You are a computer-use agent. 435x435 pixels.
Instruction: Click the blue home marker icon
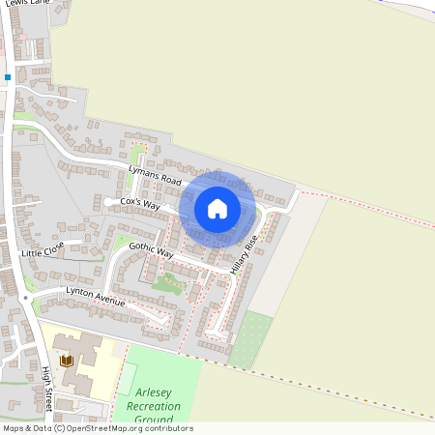(217, 208)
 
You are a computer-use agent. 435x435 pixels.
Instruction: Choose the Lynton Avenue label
(96, 296)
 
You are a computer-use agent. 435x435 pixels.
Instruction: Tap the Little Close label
(43, 251)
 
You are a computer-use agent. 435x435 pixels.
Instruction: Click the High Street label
(46, 386)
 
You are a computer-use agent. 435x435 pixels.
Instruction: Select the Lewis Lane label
(21, 4)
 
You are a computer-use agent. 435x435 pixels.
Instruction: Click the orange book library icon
(66, 361)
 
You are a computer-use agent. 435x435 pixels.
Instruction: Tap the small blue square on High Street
(8, 76)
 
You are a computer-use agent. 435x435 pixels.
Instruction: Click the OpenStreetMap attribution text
(98, 428)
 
